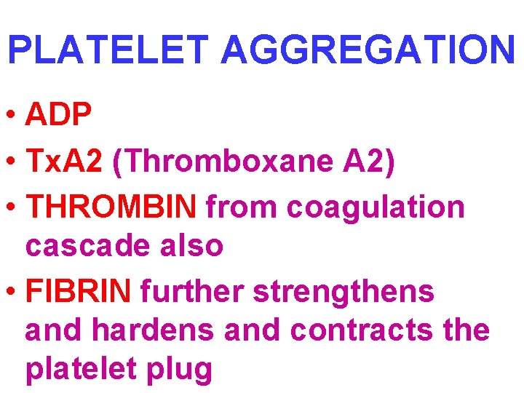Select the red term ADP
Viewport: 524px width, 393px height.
click(x=58, y=114)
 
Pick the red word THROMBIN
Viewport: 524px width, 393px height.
click(x=111, y=207)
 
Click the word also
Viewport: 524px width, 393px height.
click(x=191, y=245)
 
